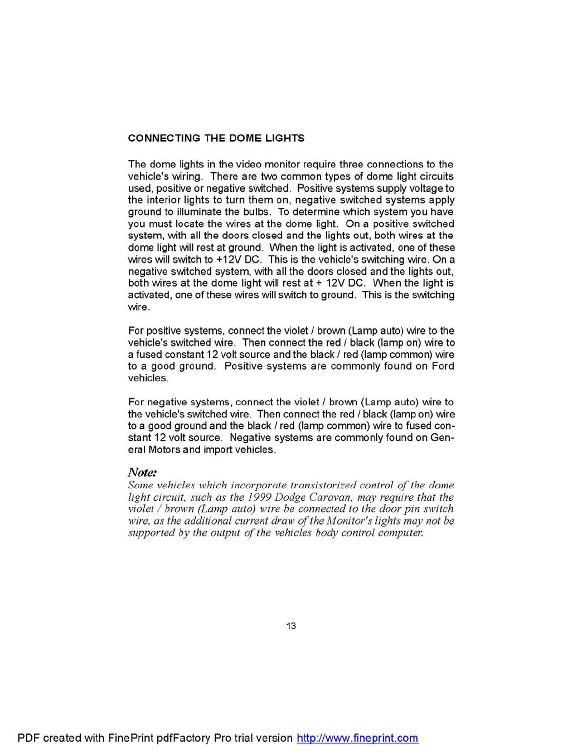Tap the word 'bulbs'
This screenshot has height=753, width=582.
pos(257,212)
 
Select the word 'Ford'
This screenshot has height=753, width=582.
pos(443,366)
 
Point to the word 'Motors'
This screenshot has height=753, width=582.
pos(164,450)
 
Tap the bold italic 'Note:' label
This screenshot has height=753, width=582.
pos(142,473)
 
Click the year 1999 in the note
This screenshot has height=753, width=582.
pos(259,497)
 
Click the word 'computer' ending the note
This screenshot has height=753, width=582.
pos(400,533)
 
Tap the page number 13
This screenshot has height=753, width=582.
pos(291,626)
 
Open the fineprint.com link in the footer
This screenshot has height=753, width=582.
pos(357,739)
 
